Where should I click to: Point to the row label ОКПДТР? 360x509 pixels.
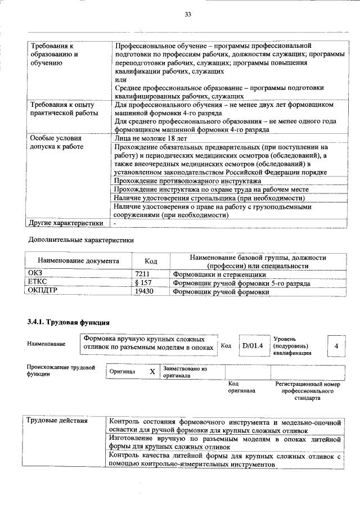(x=43, y=291)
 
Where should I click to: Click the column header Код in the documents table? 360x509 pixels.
(x=151, y=261)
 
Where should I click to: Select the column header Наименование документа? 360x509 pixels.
(x=78, y=261)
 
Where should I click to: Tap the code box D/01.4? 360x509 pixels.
(x=253, y=345)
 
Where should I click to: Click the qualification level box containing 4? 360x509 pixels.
(x=336, y=345)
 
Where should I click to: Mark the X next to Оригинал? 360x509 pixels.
(x=152, y=372)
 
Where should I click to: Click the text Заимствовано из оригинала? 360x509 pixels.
(x=185, y=372)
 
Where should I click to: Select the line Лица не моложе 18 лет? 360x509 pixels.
(x=150, y=138)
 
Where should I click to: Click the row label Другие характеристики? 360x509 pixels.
(x=66, y=223)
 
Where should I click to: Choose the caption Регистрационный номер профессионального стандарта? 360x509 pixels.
(x=307, y=390)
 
